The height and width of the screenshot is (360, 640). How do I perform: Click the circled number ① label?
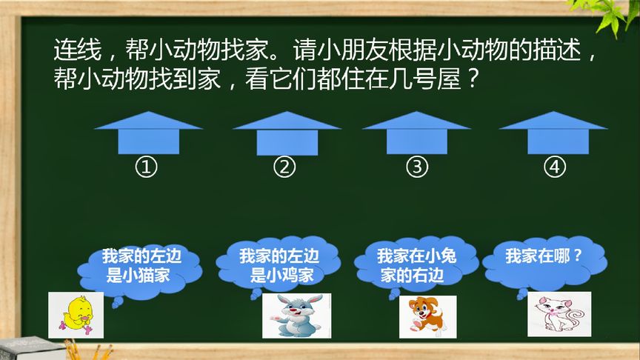[x=147, y=167]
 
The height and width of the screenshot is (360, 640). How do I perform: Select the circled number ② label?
[x=284, y=167]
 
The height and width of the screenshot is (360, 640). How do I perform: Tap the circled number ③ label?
[x=418, y=167]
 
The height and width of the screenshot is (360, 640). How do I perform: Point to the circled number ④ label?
[x=554, y=167]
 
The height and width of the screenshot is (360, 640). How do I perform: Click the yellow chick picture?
[x=76, y=314]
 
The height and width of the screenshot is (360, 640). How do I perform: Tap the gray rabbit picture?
[x=296, y=316]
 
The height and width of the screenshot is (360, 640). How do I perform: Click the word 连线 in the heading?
[x=73, y=51]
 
